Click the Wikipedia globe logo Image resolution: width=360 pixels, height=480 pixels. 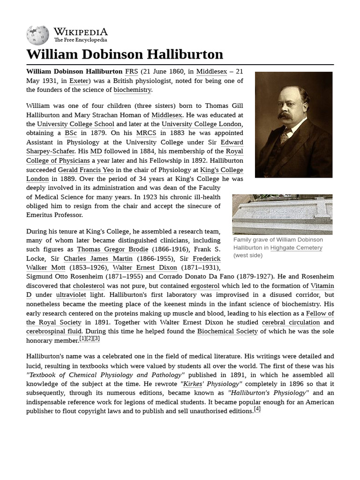click(x=38, y=35)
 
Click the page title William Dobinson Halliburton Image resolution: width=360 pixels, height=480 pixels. click(x=125, y=54)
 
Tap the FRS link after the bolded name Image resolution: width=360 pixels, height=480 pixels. click(x=131, y=72)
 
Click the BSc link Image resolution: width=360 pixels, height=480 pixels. click(x=71, y=133)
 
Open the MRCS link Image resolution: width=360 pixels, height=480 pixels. click(x=146, y=133)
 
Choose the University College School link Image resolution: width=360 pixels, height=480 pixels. click(x=75, y=124)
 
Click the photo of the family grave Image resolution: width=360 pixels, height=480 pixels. click(x=282, y=214)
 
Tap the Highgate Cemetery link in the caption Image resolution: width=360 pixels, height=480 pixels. click(x=296, y=247)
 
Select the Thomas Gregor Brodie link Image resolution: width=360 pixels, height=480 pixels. click(x=112, y=249)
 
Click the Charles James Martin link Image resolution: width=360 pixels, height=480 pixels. click(x=98, y=259)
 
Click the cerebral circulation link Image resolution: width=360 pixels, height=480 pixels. click(x=291, y=322)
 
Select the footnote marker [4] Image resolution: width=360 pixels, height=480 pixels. click(x=257, y=409)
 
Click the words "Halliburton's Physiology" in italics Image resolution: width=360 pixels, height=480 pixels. click(x=268, y=393)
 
